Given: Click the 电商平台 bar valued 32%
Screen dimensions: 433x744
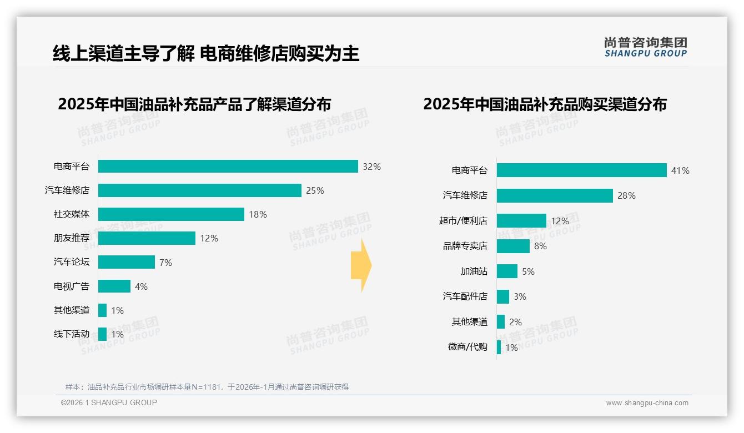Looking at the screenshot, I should [x=228, y=167].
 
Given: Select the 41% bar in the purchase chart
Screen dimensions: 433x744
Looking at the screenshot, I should [x=581, y=170].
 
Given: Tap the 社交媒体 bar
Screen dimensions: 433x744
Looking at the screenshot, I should [x=171, y=214].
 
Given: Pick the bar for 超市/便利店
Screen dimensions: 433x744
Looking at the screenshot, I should [x=521, y=221].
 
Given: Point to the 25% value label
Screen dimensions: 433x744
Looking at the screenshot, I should [x=315, y=190].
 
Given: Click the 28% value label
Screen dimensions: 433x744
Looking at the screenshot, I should [x=627, y=196].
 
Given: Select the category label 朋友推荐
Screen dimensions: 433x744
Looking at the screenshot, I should [x=71, y=238].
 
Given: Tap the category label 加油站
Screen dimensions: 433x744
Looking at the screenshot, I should [x=474, y=271].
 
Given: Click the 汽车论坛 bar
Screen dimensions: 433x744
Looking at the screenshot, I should [x=127, y=262].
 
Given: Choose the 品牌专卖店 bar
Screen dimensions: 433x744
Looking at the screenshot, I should [x=513, y=246].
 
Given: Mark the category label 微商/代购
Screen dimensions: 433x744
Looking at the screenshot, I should [x=467, y=347].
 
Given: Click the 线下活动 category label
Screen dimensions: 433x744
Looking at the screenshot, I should [x=71, y=334].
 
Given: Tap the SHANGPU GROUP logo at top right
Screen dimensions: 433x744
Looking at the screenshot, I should [x=645, y=47].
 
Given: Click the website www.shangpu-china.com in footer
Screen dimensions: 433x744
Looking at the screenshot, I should [x=647, y=403].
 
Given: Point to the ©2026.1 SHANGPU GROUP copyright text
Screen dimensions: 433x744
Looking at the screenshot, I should [x=109, y=402].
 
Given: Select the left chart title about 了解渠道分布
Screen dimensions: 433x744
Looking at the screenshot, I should [x=194, y=104].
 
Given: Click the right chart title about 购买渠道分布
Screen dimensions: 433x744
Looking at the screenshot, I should [x=545, y=104].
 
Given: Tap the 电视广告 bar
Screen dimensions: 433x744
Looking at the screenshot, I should [x=114, y=286].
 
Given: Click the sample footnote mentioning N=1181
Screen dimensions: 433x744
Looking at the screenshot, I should [x=207, y=387].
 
